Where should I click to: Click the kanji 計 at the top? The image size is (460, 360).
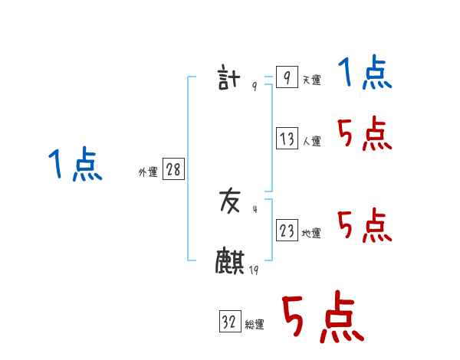pos(230,79)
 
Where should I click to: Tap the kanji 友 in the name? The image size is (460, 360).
pos(230,201)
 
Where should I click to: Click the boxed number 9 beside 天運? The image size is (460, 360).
pos(287,78)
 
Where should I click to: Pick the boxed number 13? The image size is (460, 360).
pos(287,139)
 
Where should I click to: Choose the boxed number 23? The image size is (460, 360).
pos(287,231)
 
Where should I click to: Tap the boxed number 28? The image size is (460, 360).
pos(173,170)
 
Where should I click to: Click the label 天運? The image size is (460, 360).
pos(311,80)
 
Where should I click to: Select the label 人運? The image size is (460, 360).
pos(311,141)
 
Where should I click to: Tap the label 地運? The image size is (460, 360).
pos(311,233)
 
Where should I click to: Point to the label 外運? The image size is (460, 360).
pos(148,172)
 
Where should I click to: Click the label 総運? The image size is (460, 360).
pos(255,324)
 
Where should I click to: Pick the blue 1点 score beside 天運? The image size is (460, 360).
pos(366,74)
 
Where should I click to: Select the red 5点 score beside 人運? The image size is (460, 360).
pos(366,135)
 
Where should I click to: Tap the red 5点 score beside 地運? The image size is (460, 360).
pos(366,226)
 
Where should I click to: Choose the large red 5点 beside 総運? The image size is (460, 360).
pos(321,318)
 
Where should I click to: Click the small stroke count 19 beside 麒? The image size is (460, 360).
pos(254,270)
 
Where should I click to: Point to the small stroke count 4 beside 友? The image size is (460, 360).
pos(255,208)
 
